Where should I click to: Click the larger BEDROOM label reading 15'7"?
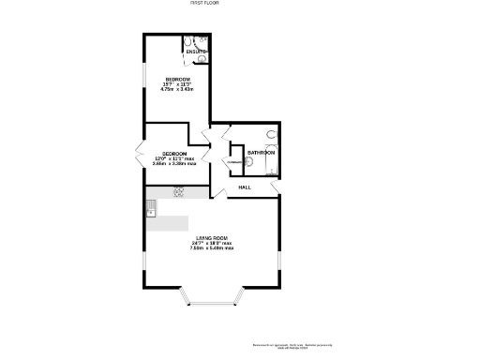coord(178,79)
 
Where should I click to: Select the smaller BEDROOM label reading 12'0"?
coord(174,154)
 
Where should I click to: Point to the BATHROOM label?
coord(261,152)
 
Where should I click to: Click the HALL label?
coord(245,187)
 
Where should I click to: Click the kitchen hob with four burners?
coord(178,191)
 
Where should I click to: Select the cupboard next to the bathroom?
coord(232,162)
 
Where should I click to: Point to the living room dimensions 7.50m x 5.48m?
coord(212,249)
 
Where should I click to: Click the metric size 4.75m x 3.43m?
coord(178,89)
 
